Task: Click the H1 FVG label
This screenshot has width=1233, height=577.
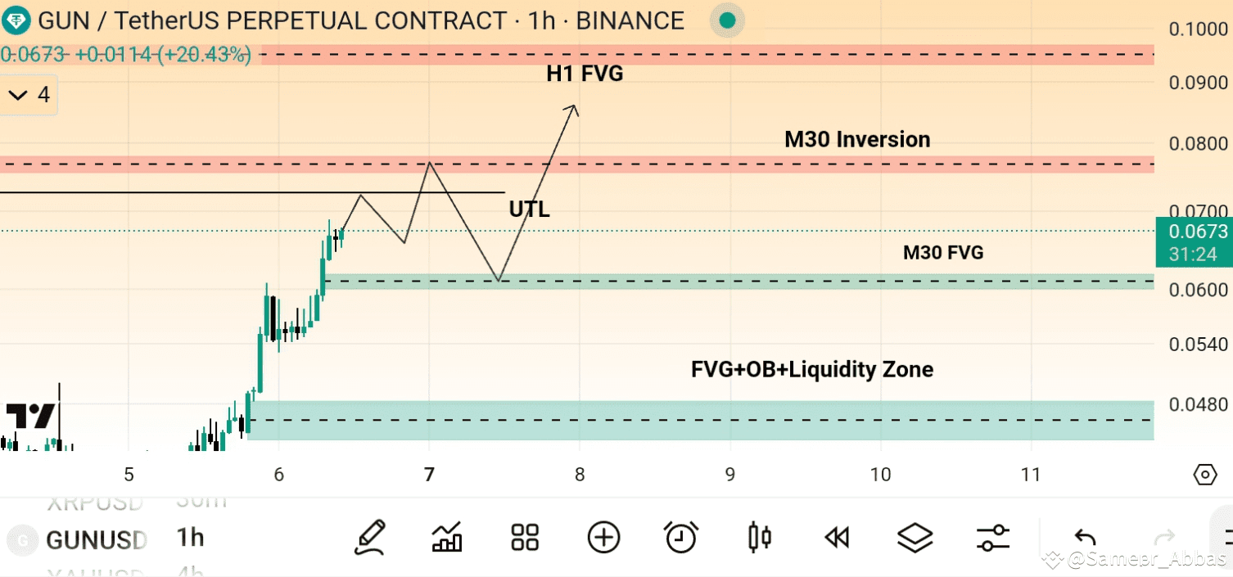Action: [x=585, y=74]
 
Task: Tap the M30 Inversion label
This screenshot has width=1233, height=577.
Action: [x=857, y=140]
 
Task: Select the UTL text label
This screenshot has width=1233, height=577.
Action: [x=529, y=210]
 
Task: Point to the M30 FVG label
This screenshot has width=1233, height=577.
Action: [x=943, y=253]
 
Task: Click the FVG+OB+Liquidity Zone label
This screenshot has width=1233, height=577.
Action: [x=812, y=370]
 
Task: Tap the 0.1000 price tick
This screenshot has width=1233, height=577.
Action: [x=1198, y=29]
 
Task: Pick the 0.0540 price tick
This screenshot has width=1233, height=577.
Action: [x=1198, y=345]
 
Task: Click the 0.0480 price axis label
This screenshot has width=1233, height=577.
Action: [x=1198, y=405]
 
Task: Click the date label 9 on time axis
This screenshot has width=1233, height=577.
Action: [x=730, y=475]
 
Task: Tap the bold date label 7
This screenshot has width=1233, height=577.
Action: [x=429, y=475]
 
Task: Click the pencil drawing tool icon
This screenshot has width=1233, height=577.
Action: [x=371, y=538]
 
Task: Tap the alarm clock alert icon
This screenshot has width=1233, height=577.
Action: [x=680, y=538]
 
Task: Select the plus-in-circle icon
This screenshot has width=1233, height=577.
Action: [x=603, y=538]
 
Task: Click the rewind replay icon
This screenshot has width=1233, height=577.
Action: [x=836, y=538]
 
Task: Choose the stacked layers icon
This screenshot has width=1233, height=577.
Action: [x=915, y=538]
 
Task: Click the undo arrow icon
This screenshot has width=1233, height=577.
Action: [x=1085, y=538]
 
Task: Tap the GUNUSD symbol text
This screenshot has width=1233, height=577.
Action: [x=97, y=540]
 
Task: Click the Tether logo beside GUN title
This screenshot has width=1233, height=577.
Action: [x=16, y=20]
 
